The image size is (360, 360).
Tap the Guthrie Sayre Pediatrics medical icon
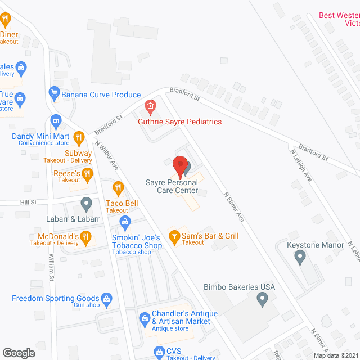pyautogui.click(x=150, y=106)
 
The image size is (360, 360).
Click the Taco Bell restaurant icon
pyautogui.click(x=118, y=187)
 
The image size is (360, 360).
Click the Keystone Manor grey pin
pyautogui.click(x=300, y=257)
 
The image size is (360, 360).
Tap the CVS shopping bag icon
pyautogui.click(x=158, y=352)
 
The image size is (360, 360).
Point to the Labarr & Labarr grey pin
pyautogui.click(x=86, y=202)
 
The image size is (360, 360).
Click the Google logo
pyautogui.click(x=18, y=353)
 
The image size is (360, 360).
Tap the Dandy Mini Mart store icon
pyautogui.click(x=56, y=120)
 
